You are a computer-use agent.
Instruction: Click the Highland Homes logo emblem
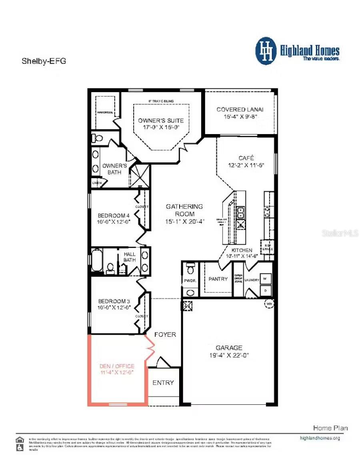(x=266, y=51)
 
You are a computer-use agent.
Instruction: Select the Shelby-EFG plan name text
(x=44, y=61)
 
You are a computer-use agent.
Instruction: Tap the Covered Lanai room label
(x=240, y=109)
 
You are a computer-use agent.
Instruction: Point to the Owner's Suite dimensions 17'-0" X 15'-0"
(x=161, y=127)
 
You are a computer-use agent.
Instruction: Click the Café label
(x=246, y=158)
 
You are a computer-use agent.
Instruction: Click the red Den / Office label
(x=116, y=366)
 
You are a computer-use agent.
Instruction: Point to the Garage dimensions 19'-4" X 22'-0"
(x=229, y=355)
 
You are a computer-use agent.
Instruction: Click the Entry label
(x=163, y=382)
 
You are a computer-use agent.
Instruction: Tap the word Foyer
(x=165, y=334)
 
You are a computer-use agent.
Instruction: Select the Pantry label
(x=218, y=279)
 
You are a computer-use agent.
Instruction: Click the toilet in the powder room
(x=190, y=267)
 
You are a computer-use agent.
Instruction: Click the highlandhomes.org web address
(x=320, y=438)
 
